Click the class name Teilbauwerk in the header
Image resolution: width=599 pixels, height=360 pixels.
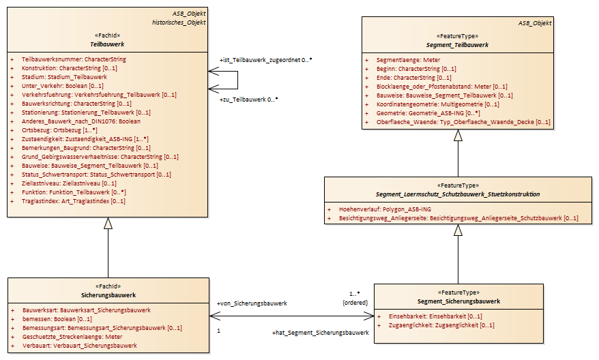click(x=107, y=44)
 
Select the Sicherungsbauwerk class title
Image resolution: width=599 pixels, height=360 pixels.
click(x=108, y=295)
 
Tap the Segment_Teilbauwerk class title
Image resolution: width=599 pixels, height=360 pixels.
click(x=457, y=45)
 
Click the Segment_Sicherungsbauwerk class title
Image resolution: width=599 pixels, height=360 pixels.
click(x=458, y=301)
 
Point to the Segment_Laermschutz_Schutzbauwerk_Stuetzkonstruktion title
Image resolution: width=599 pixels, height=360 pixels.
click(x=458, y=194)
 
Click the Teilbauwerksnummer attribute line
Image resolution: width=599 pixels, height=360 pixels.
click(x=74, y=59)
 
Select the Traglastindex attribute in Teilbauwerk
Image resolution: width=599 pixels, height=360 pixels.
click(x=74, y=201)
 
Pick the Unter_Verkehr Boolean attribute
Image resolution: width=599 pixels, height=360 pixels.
click(x=62, y=86)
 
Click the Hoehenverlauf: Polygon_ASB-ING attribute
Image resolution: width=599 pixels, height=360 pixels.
click(x=385, y=209)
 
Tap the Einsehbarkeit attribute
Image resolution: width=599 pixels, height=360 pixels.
click(x=435, y=316)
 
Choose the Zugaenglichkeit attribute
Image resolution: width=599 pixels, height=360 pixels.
click(x=441, y=325)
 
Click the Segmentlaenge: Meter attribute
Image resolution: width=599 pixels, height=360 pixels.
click(x=408, y=60)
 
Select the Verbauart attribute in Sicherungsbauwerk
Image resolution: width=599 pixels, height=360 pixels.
click(x=79, y=346)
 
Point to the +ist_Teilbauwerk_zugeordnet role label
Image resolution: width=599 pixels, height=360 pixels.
click(x=260, y=60)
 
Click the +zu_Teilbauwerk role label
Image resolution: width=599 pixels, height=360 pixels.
click(x=243, y=100)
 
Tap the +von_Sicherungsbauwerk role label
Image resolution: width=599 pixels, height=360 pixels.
click(x=252, y=303)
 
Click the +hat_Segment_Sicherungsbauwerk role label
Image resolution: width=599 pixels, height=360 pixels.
click(x=321, y=333)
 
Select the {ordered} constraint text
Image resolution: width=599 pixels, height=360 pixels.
click(x=355, y=303)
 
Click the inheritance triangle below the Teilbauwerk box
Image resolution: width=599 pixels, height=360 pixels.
click(x=108, y=224)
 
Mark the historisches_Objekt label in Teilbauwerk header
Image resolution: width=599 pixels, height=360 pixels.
click(x=179, y=22)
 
